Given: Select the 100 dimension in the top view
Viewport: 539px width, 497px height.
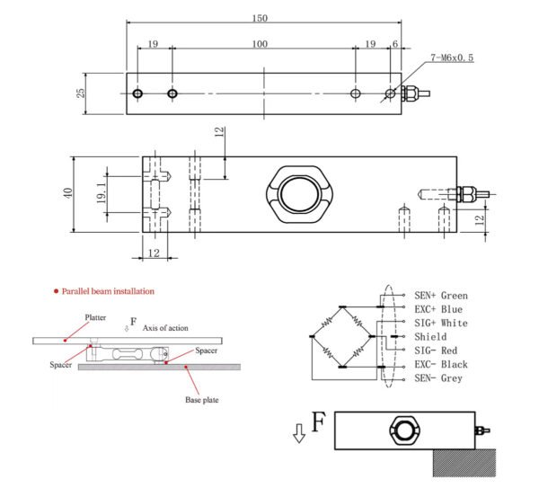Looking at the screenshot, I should point(260,44).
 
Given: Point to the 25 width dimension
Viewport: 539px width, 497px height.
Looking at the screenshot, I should point(81,93).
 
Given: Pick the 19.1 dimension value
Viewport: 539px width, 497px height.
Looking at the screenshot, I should point(101,191).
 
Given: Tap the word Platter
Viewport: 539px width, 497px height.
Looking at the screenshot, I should point(96,317).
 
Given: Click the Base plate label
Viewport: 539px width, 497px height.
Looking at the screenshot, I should point(199,400).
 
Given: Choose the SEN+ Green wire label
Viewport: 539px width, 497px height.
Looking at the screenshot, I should point(440,296).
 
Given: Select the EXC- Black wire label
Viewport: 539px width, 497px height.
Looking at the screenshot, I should point(440,365).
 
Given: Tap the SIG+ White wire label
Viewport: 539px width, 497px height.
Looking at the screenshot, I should point(440,323).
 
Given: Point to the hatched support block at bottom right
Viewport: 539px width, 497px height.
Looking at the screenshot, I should point(463,463).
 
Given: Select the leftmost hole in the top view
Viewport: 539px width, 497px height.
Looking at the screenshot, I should point(137,93).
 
